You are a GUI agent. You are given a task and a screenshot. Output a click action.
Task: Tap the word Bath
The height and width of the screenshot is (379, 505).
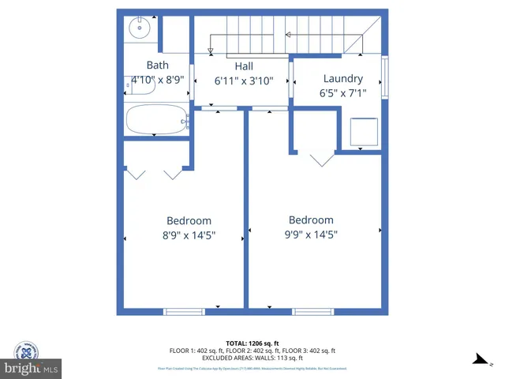pyautogui.click(x=158, y=65)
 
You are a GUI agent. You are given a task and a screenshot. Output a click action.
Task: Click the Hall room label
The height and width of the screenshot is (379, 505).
pyautogui.click(x=244, y=66)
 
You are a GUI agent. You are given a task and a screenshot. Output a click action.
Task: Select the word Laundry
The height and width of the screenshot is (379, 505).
pyautogui.click(x=343, y=78)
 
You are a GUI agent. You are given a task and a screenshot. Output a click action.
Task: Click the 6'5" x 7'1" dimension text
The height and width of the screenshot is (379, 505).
pyautogui.click(x=343, y=92)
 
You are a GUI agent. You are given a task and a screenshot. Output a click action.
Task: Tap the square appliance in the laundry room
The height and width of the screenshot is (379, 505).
pyautogui.click(x=364, y=131)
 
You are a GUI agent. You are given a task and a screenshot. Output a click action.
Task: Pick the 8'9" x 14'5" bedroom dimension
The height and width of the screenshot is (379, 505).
pyautogui.click(x=189, y=235)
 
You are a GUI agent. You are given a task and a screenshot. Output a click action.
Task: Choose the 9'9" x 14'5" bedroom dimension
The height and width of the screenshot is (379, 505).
pyautogui.click(x=311, y=234)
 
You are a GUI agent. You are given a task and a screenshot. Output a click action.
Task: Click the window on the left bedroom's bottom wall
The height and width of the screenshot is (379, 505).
pyautogui.click(x=183, y=312)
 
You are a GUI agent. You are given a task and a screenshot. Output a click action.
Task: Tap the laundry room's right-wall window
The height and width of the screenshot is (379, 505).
pyautogui.click(x=384, y=77)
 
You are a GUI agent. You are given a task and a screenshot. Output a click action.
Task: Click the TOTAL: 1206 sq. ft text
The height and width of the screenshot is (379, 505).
pyautogui.click(x=252, y=343)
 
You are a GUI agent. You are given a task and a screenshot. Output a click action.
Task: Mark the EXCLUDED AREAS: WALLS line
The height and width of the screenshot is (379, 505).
pyautogui.click(x=252, y=358)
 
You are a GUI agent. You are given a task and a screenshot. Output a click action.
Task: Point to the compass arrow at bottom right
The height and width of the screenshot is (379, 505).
pyautogui.click(x=479, y=360)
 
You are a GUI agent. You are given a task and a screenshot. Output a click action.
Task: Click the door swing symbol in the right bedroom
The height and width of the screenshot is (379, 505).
pyautogui.click(x=321, y=159)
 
